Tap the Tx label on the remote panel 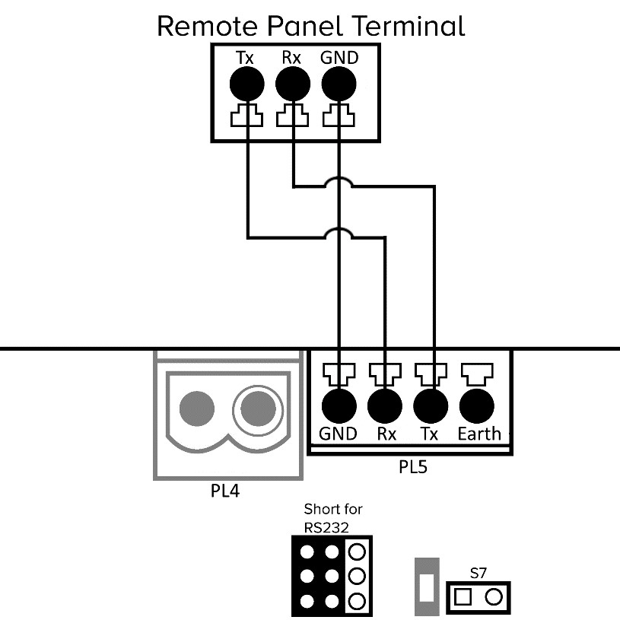[245, 57]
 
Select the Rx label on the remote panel [293, 57]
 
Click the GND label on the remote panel [339, 57]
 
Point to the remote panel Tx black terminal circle [247, 83]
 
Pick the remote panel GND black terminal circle [339, 83]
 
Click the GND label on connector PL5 [338, 434]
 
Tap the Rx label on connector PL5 [386, 434]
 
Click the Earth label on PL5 [479, 434]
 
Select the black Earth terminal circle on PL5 [478, 405]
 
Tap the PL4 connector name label [224, 491]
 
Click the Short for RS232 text [332, 517]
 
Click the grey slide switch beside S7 [426, 587]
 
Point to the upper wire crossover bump [339, 183]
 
